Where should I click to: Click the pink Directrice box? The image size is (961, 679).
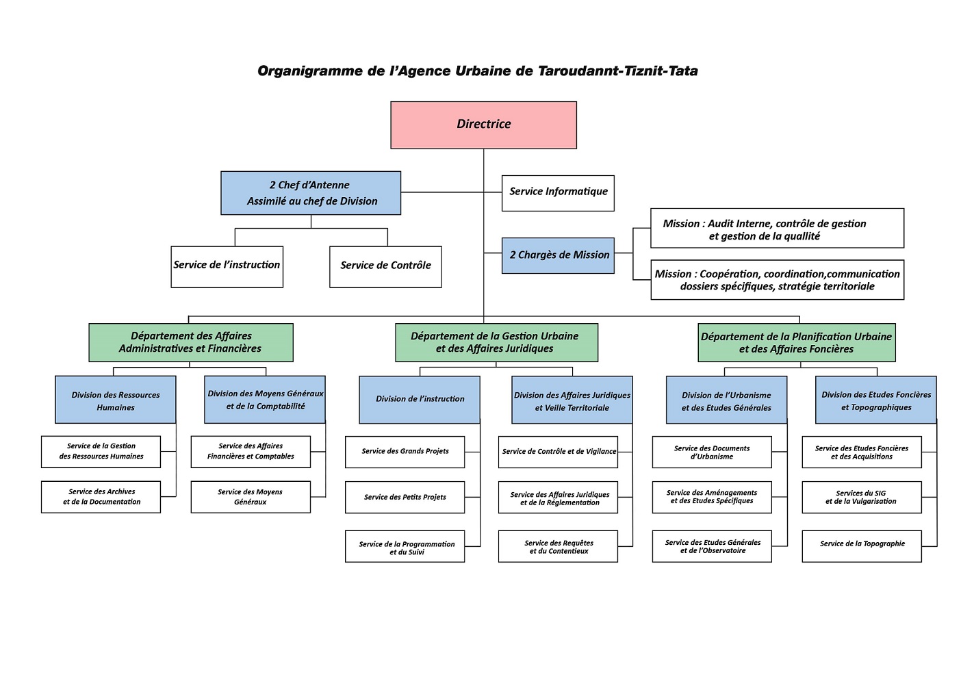click(x=483, y=125)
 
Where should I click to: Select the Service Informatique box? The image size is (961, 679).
click(x=558, y=192)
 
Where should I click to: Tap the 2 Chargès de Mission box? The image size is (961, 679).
click(x=558, y=255)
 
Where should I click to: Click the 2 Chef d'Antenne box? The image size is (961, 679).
click(x=311, y=193)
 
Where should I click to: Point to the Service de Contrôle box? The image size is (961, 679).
click(x=385, y=266)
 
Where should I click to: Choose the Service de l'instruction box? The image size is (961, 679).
click(x=227, y=266)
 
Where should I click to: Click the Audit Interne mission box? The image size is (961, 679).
click(x=777, y=229)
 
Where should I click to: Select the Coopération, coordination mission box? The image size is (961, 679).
click(x=777, y=280)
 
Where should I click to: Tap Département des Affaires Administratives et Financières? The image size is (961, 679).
click(x=191, y=342)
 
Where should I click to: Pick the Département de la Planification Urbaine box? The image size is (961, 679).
click(x=796, y=342)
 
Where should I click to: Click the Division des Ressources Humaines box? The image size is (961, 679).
click(x=116, y=400)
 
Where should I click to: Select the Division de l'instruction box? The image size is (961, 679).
click(x=420, y=399)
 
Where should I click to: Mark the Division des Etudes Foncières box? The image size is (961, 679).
click(x=875, y=400)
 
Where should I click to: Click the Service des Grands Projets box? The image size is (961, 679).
click(x=405, y=452)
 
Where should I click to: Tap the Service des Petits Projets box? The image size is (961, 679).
click(x=405, y=498)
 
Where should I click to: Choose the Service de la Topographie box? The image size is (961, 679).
click(x=862, y=546)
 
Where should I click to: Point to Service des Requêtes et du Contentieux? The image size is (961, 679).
click(x=558, y=546)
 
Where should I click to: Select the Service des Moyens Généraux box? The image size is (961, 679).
click(x=251, y=497)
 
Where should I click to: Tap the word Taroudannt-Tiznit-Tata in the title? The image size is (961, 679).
click(x=617, y=71)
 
